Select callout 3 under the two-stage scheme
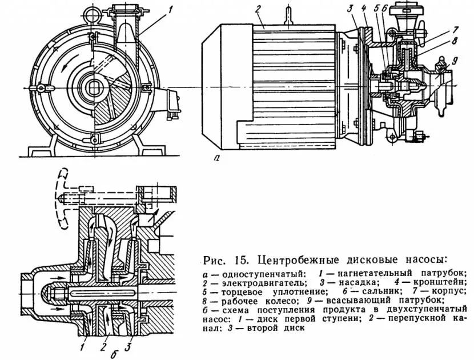129,345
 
